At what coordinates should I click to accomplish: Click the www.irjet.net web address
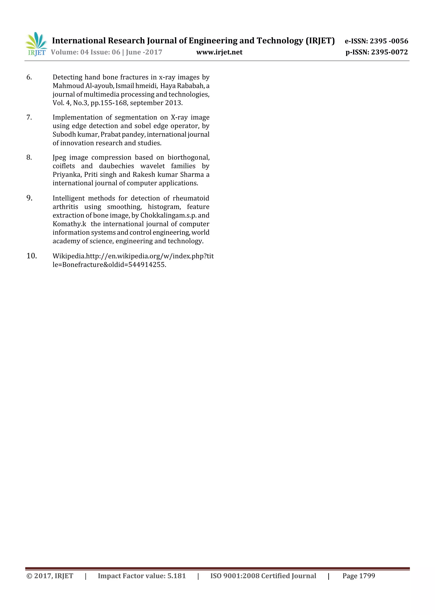219,52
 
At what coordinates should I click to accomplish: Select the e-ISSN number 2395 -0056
389,41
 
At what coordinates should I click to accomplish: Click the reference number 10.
32,256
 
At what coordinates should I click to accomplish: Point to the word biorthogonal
188,158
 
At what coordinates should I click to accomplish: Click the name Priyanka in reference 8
67,175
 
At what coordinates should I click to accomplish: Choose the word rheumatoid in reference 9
191,198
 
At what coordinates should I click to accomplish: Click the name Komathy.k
69,224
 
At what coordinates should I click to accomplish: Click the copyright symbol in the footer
29,576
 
